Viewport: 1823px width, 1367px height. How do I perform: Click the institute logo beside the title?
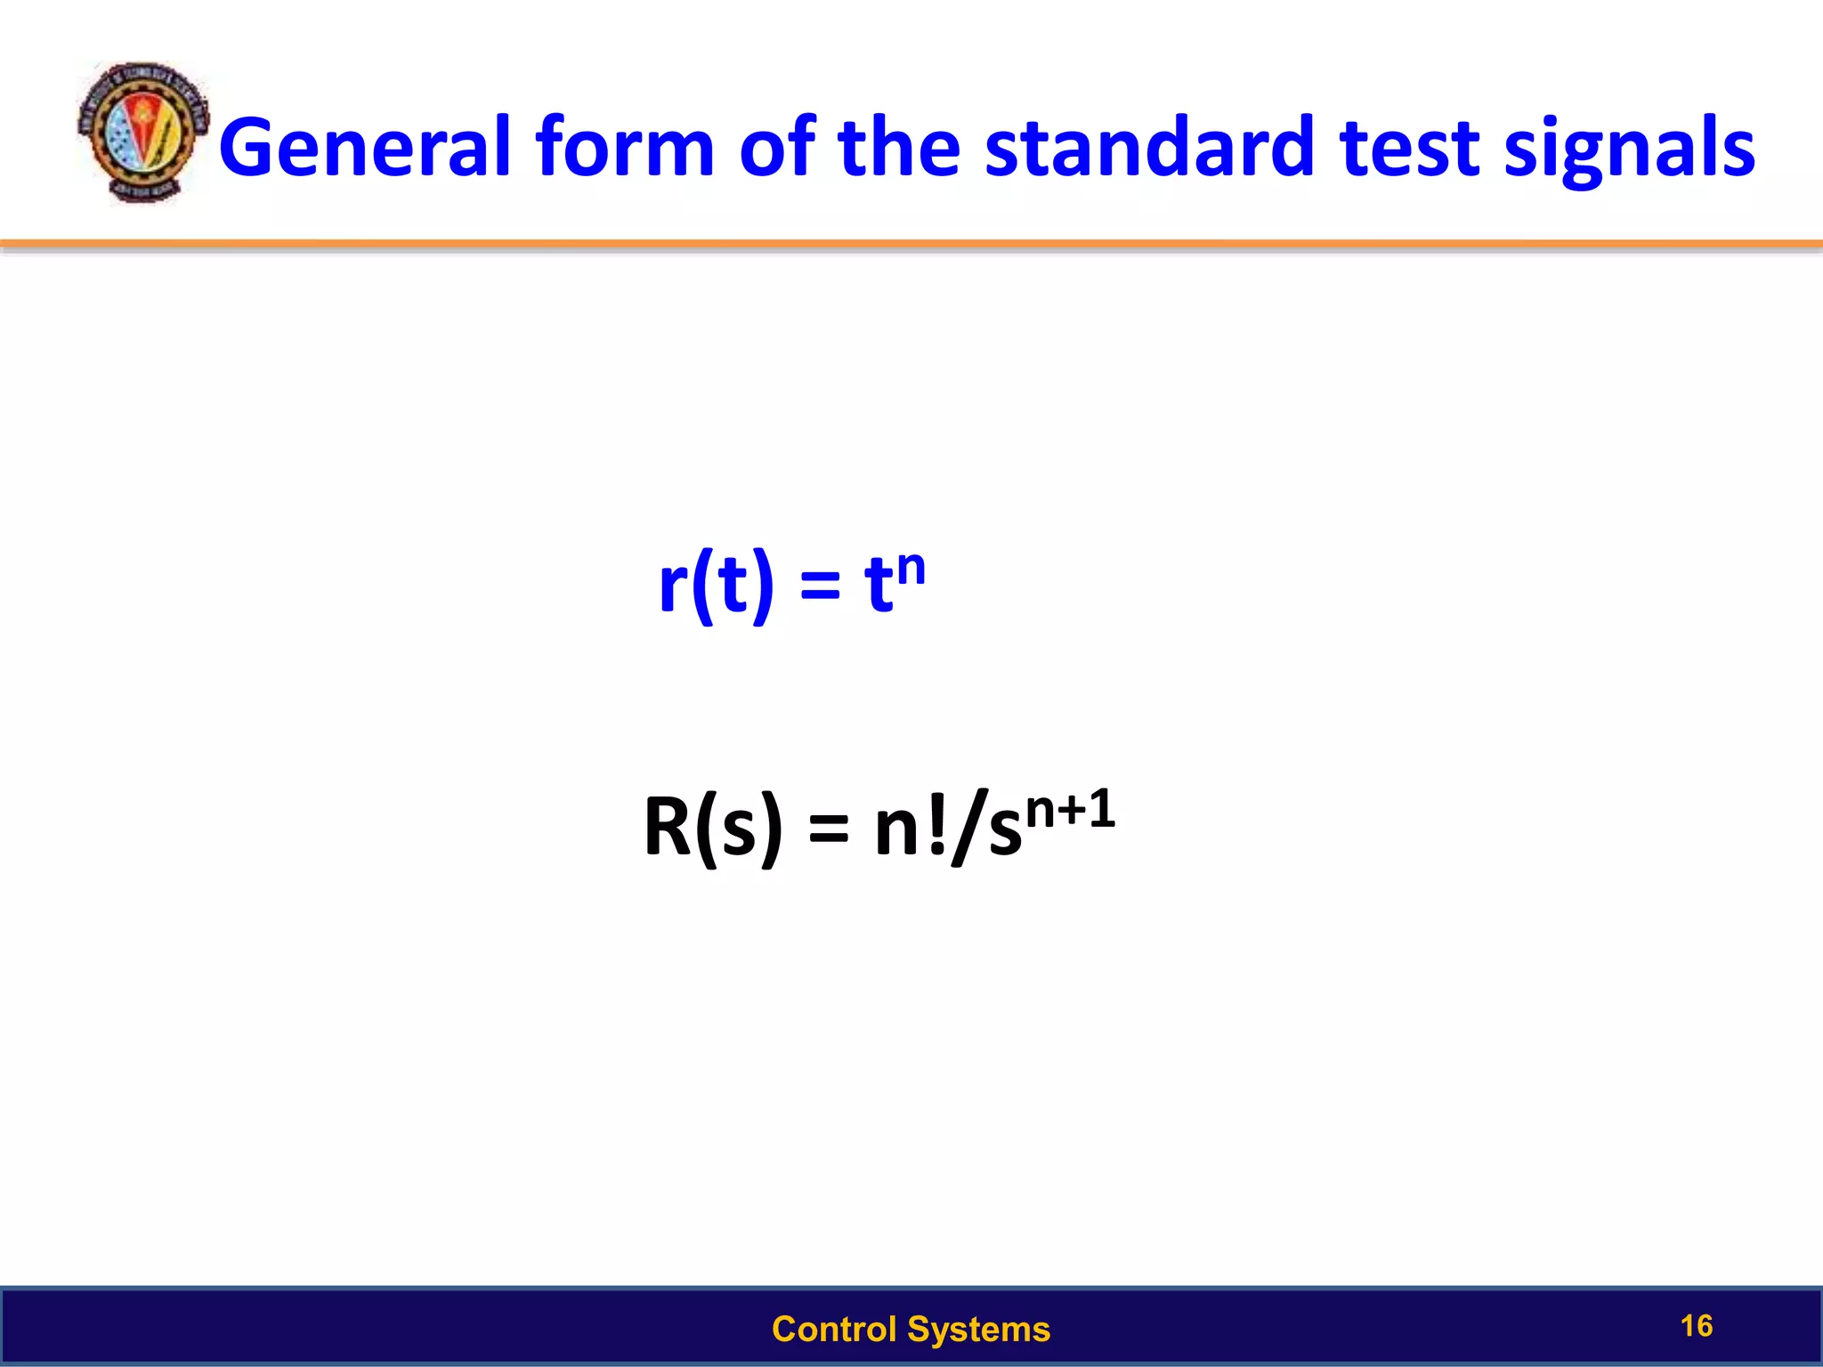(x=142, y=133)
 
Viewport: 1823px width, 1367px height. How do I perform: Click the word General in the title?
(x=365, y=148)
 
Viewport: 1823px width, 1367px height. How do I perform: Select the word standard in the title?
(x=1149, y=148)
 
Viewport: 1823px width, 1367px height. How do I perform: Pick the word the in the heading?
(x=899, y=148)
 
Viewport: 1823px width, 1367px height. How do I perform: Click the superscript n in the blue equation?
(x=911, y=567)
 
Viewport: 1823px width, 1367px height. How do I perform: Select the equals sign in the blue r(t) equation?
(x=820, y=587)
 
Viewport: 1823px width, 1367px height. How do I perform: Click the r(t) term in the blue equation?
(x=716, y=586)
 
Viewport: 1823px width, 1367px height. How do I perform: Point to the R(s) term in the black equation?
(x=712, y=828)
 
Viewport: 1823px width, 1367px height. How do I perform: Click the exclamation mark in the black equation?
(x=936, y=826)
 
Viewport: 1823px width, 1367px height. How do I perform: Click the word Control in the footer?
(x=834, y=1329)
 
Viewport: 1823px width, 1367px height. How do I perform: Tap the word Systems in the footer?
(x=979, y=1329)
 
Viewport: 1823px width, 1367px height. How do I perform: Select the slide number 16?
(x=1696, y=1325)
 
